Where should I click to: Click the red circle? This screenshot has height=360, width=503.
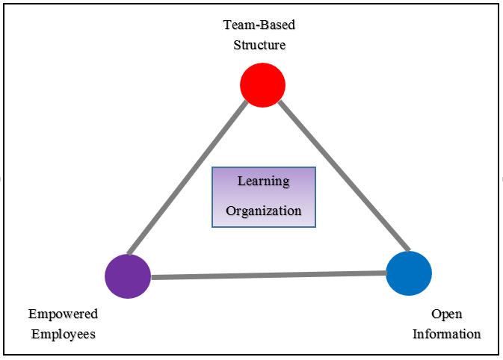pos(262,85)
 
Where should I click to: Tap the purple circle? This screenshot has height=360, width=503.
pos(128,276)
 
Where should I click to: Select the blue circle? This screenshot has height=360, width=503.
pos(409,273)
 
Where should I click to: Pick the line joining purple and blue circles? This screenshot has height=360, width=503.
pos(269,276)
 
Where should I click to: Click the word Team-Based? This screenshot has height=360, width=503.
pos(259,25)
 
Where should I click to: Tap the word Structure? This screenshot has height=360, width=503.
pos(259,45)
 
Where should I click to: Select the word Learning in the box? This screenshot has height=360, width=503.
pos(263,181)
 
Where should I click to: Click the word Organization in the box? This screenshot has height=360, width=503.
pos(263,211)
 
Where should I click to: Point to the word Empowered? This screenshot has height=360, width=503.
pos(63,314)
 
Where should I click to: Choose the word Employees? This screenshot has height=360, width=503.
pos(64,334)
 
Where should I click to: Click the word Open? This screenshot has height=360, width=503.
pos(446,314)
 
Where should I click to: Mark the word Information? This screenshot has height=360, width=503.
pos(446,334)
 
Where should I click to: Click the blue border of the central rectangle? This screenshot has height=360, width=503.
pos(212,196)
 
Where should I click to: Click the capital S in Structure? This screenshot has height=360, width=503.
pos(236,45)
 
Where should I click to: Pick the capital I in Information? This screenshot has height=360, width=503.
pos(416,334)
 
